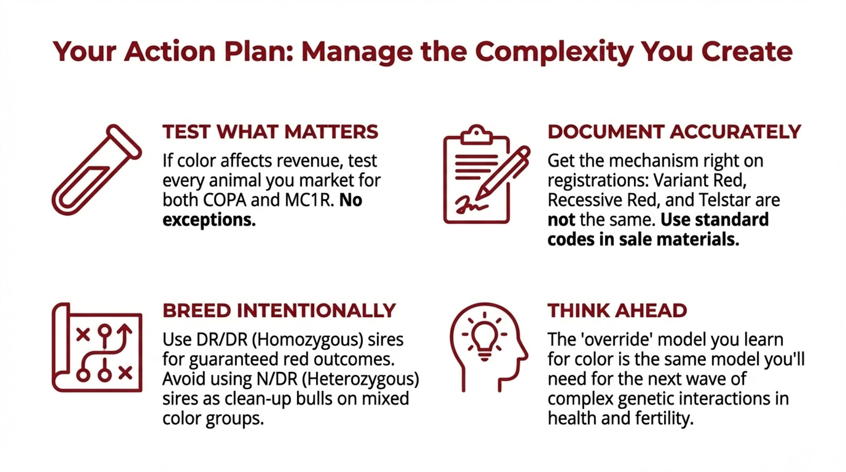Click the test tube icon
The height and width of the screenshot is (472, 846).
(x=96, y=169)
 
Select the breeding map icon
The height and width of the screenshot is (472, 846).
(x=97, y=347)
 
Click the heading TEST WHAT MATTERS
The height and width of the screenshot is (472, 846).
(x=270, y=132)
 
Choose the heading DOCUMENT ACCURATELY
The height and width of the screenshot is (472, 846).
(x=674, y=132)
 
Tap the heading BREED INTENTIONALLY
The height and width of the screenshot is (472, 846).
(x=279, y=311)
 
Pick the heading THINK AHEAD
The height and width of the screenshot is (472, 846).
(x=617, y=311)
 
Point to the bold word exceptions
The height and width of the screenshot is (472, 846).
(x=209, y=220)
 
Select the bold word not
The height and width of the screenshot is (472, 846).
(x=561, y=220)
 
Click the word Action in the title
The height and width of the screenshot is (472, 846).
(x=170, y=52)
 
